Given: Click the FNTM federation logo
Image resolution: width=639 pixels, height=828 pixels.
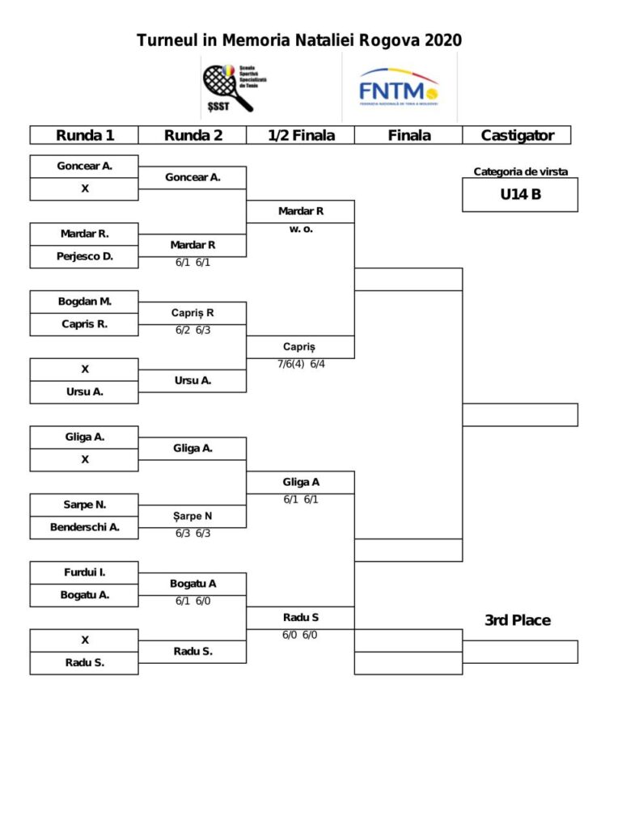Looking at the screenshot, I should click(x=398, y=87).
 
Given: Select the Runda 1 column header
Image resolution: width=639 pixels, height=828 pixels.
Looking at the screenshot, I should click(x=84, y=135).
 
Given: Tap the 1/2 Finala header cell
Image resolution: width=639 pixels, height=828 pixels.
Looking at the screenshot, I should click(x=300, y=135).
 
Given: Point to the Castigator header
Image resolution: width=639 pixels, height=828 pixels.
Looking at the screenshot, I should click(x=517, y=135).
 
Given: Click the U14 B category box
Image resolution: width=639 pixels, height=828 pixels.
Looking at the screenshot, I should click(x=519, y=194).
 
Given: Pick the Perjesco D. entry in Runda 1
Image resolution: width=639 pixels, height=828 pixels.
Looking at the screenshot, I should click(x=84, y=256).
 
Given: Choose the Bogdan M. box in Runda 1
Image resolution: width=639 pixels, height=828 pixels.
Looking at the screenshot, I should click(x=84, y=302).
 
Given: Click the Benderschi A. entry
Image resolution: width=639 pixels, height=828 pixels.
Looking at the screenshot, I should click(x=84, y=527).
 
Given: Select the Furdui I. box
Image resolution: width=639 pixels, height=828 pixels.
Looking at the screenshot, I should click(x=84, y=572).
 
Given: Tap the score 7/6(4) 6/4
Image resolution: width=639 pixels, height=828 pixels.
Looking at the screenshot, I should click(x=300, y=364).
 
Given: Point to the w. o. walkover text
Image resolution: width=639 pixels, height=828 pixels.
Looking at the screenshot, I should click(x=300, y=229).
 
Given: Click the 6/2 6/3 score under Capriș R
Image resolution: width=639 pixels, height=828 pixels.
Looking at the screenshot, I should click(x=193, y=330).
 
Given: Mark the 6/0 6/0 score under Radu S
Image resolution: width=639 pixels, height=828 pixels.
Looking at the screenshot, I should click(x=300, y=635).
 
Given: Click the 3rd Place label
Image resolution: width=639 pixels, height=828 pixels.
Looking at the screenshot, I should click(x=517, y=620).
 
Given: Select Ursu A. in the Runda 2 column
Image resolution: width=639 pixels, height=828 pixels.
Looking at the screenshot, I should click(x=193, y=380).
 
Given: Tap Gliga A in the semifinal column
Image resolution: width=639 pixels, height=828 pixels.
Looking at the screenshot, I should click(x=300, y=482).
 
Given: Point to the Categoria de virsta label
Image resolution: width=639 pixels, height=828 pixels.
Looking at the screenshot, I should click(x=520, y=171).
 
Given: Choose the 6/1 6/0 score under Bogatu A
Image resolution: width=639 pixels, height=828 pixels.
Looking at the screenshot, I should click(x=193, y=601).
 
